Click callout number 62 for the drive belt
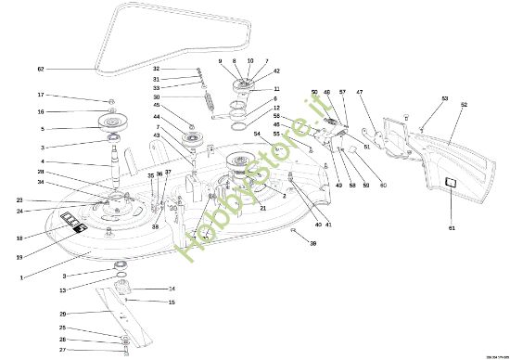(40, 69)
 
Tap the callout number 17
(41, 95)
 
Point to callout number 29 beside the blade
(62, 314)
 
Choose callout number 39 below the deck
(312, 243)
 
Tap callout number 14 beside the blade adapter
(172, 289)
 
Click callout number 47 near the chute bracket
(359, 92)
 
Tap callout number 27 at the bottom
(62, 350)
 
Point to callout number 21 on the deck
(263, 209)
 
